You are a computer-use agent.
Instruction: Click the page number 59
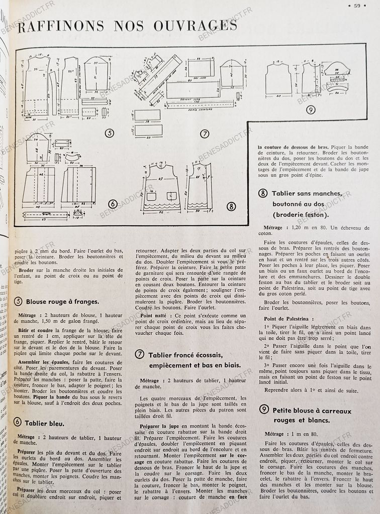point(357,6)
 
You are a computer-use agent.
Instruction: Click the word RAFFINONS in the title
point(61,26)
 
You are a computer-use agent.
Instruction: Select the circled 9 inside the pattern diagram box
point(311,109)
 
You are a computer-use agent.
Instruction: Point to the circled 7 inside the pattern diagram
point(205,134)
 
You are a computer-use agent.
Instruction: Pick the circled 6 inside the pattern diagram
point(113,204)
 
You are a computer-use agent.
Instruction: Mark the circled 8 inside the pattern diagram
point(231,206)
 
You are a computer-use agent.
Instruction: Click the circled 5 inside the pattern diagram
point(109,133)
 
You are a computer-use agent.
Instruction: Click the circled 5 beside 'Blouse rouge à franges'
point(18,302)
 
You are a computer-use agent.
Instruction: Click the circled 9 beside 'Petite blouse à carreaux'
point(264,410)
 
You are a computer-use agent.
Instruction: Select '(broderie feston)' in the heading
point(301,215)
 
